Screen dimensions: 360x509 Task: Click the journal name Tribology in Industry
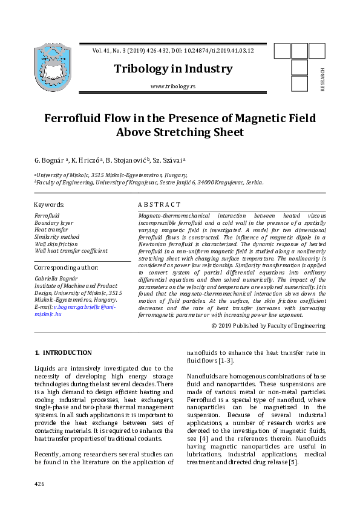point(173,69)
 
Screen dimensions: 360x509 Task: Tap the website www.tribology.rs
point(172,86)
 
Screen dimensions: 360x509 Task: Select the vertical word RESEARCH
point(322,80)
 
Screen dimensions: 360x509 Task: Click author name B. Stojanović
point(128,160)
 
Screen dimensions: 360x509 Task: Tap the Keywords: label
point(49,205)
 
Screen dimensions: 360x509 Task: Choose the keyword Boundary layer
point(54,223)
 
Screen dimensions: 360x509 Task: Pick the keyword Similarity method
point(57,237)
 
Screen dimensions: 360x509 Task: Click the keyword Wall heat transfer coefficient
point(71,250)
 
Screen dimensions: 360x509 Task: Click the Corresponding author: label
point(67,267)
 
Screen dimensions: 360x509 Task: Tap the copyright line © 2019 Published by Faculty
point(268,326)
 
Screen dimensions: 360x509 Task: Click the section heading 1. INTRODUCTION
point(63,352)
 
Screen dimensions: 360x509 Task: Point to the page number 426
point(39,484)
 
